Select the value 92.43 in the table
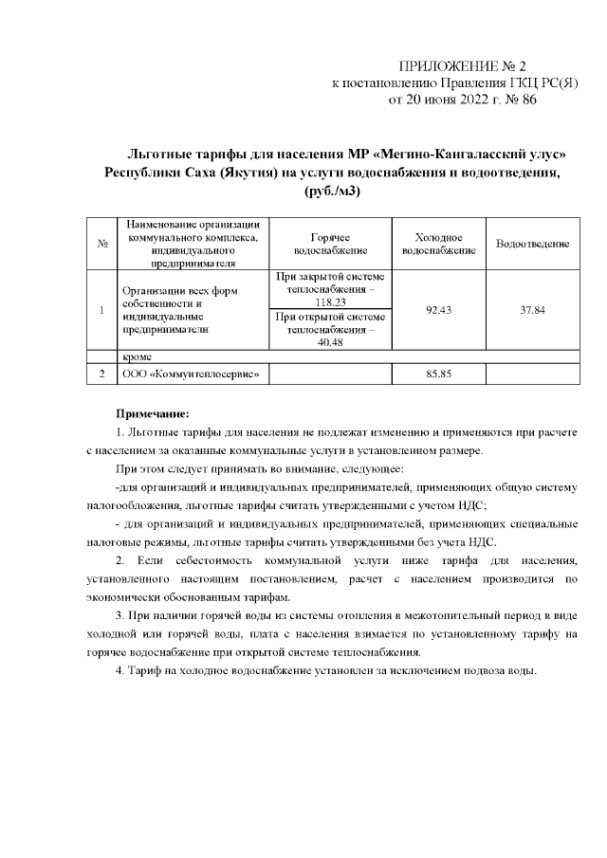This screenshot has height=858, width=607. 438,311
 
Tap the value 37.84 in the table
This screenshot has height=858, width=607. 532,311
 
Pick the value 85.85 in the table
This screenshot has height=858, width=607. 438,374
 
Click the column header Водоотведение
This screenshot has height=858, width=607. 532,245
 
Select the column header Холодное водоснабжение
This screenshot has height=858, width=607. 438,244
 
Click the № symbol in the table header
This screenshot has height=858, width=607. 101,245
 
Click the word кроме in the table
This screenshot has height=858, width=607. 139,356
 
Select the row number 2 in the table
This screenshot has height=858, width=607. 101,374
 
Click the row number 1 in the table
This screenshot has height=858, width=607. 101,311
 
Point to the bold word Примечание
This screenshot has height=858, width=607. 153,413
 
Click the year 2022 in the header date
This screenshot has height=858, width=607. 476,99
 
